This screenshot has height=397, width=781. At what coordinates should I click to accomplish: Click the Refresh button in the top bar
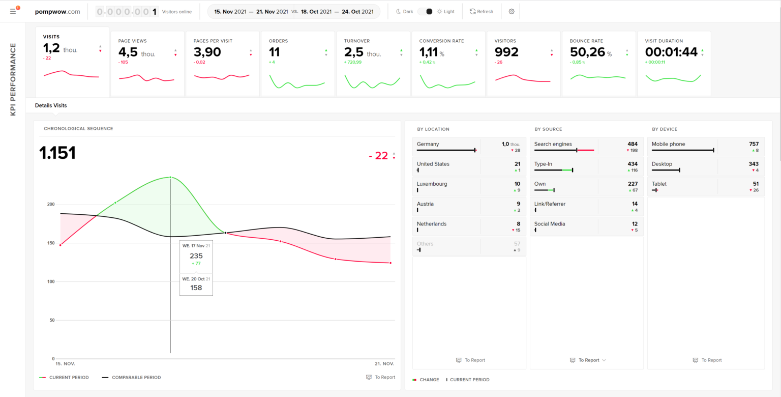pos(481,11)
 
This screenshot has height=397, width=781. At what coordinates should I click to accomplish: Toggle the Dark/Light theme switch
pos(425,11)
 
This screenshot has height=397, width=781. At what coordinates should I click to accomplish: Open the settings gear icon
pos(512,11)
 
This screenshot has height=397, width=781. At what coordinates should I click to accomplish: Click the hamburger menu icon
pos(13,11)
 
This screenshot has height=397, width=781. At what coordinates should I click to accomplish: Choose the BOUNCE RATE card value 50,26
pos(587,52)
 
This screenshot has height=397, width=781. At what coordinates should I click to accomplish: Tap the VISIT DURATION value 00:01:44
pos(671,52)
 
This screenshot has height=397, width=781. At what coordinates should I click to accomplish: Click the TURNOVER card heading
pos(356,41)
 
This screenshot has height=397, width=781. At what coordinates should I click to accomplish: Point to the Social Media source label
pos(550,224)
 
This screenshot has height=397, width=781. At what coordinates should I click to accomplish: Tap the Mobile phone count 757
pos(754,144)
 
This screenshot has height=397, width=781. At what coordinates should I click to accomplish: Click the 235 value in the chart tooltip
pos(196,256)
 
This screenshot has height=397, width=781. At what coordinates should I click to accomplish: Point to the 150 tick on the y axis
pos(50,243)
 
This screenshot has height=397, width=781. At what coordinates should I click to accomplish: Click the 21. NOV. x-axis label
pos(384,364)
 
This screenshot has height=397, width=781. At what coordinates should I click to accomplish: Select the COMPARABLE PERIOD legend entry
pos(136,378)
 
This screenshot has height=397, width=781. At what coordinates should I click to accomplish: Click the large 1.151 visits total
pos(57,153)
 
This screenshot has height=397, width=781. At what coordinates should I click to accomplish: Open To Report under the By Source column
pos(588,360)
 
